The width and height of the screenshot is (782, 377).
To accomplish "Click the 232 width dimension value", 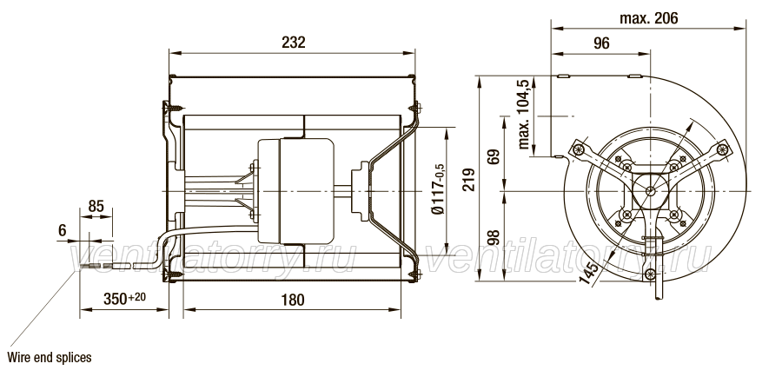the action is (294, 43).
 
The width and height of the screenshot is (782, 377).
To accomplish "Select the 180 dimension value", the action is (292, 300).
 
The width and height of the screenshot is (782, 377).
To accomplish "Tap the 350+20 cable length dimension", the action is (124, 299).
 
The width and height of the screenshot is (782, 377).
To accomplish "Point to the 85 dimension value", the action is (96, 206).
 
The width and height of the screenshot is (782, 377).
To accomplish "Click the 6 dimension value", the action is (63, 230).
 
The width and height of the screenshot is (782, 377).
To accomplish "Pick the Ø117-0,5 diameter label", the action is (438, 189).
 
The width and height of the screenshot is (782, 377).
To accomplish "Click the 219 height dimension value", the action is (469, 180).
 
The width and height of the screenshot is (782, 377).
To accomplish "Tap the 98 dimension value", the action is (493, 238).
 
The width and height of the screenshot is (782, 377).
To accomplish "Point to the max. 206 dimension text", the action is (649, 18).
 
